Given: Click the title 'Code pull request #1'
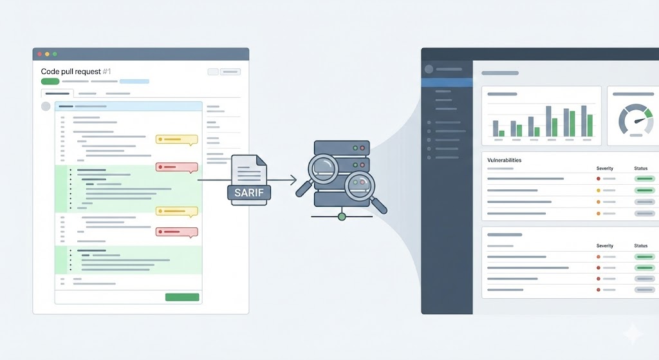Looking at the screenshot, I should coord(76,71).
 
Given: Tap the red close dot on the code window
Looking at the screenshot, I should coord(39,54).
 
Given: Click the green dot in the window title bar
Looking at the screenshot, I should coord(55,54).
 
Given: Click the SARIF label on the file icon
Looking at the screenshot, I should coord(249,191).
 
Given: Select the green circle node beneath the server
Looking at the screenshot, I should coord(342,216).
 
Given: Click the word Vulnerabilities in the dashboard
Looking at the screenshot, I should coord(505,160).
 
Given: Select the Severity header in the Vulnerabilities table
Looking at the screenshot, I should coord(605,168).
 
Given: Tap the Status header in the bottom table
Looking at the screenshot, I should coord(641,246).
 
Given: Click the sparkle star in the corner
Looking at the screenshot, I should coord(633,334).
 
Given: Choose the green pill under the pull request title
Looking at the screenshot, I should coord(50,82).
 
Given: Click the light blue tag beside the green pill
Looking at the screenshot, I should coord(134,82).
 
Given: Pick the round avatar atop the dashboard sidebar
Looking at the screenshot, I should coord(429,70).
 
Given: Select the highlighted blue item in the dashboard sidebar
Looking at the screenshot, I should coord(447,82).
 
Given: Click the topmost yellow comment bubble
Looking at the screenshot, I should coord(176,138).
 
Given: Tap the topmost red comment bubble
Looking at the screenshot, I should coord(176,167).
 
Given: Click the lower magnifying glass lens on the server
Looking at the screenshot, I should coord(359,187).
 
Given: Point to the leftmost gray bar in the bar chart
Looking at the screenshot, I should coord(496,128).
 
